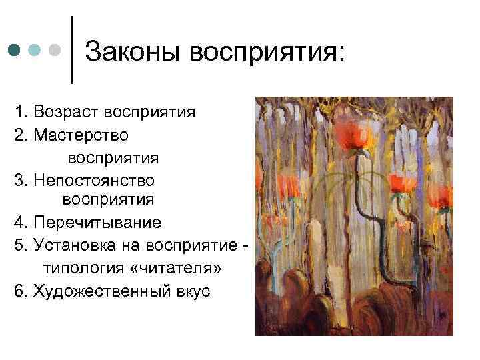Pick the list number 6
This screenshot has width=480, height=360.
17,291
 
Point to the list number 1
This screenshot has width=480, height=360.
17,111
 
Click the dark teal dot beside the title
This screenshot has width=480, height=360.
14,51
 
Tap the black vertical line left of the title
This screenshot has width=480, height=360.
72,51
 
